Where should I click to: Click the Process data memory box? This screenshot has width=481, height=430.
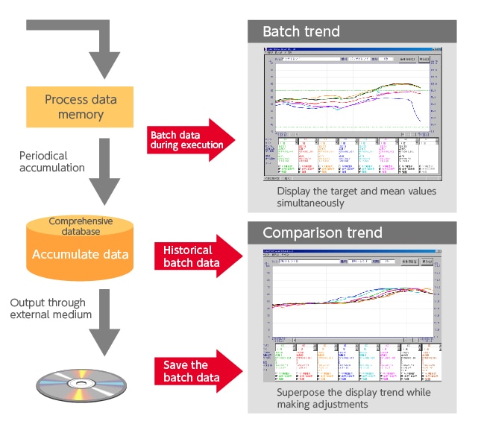pos(80,107)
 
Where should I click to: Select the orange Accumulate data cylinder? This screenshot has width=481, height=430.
pos(80,250)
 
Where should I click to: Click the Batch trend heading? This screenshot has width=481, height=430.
pos(301,31)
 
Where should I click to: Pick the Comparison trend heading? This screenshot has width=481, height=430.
pos(322,233)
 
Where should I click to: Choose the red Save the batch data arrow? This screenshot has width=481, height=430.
pos(196,371)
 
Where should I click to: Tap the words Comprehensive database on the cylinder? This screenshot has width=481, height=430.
pos(80,226)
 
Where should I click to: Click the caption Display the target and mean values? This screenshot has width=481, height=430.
pos(356,192)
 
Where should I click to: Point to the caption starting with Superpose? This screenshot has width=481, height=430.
pos(353,392)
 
